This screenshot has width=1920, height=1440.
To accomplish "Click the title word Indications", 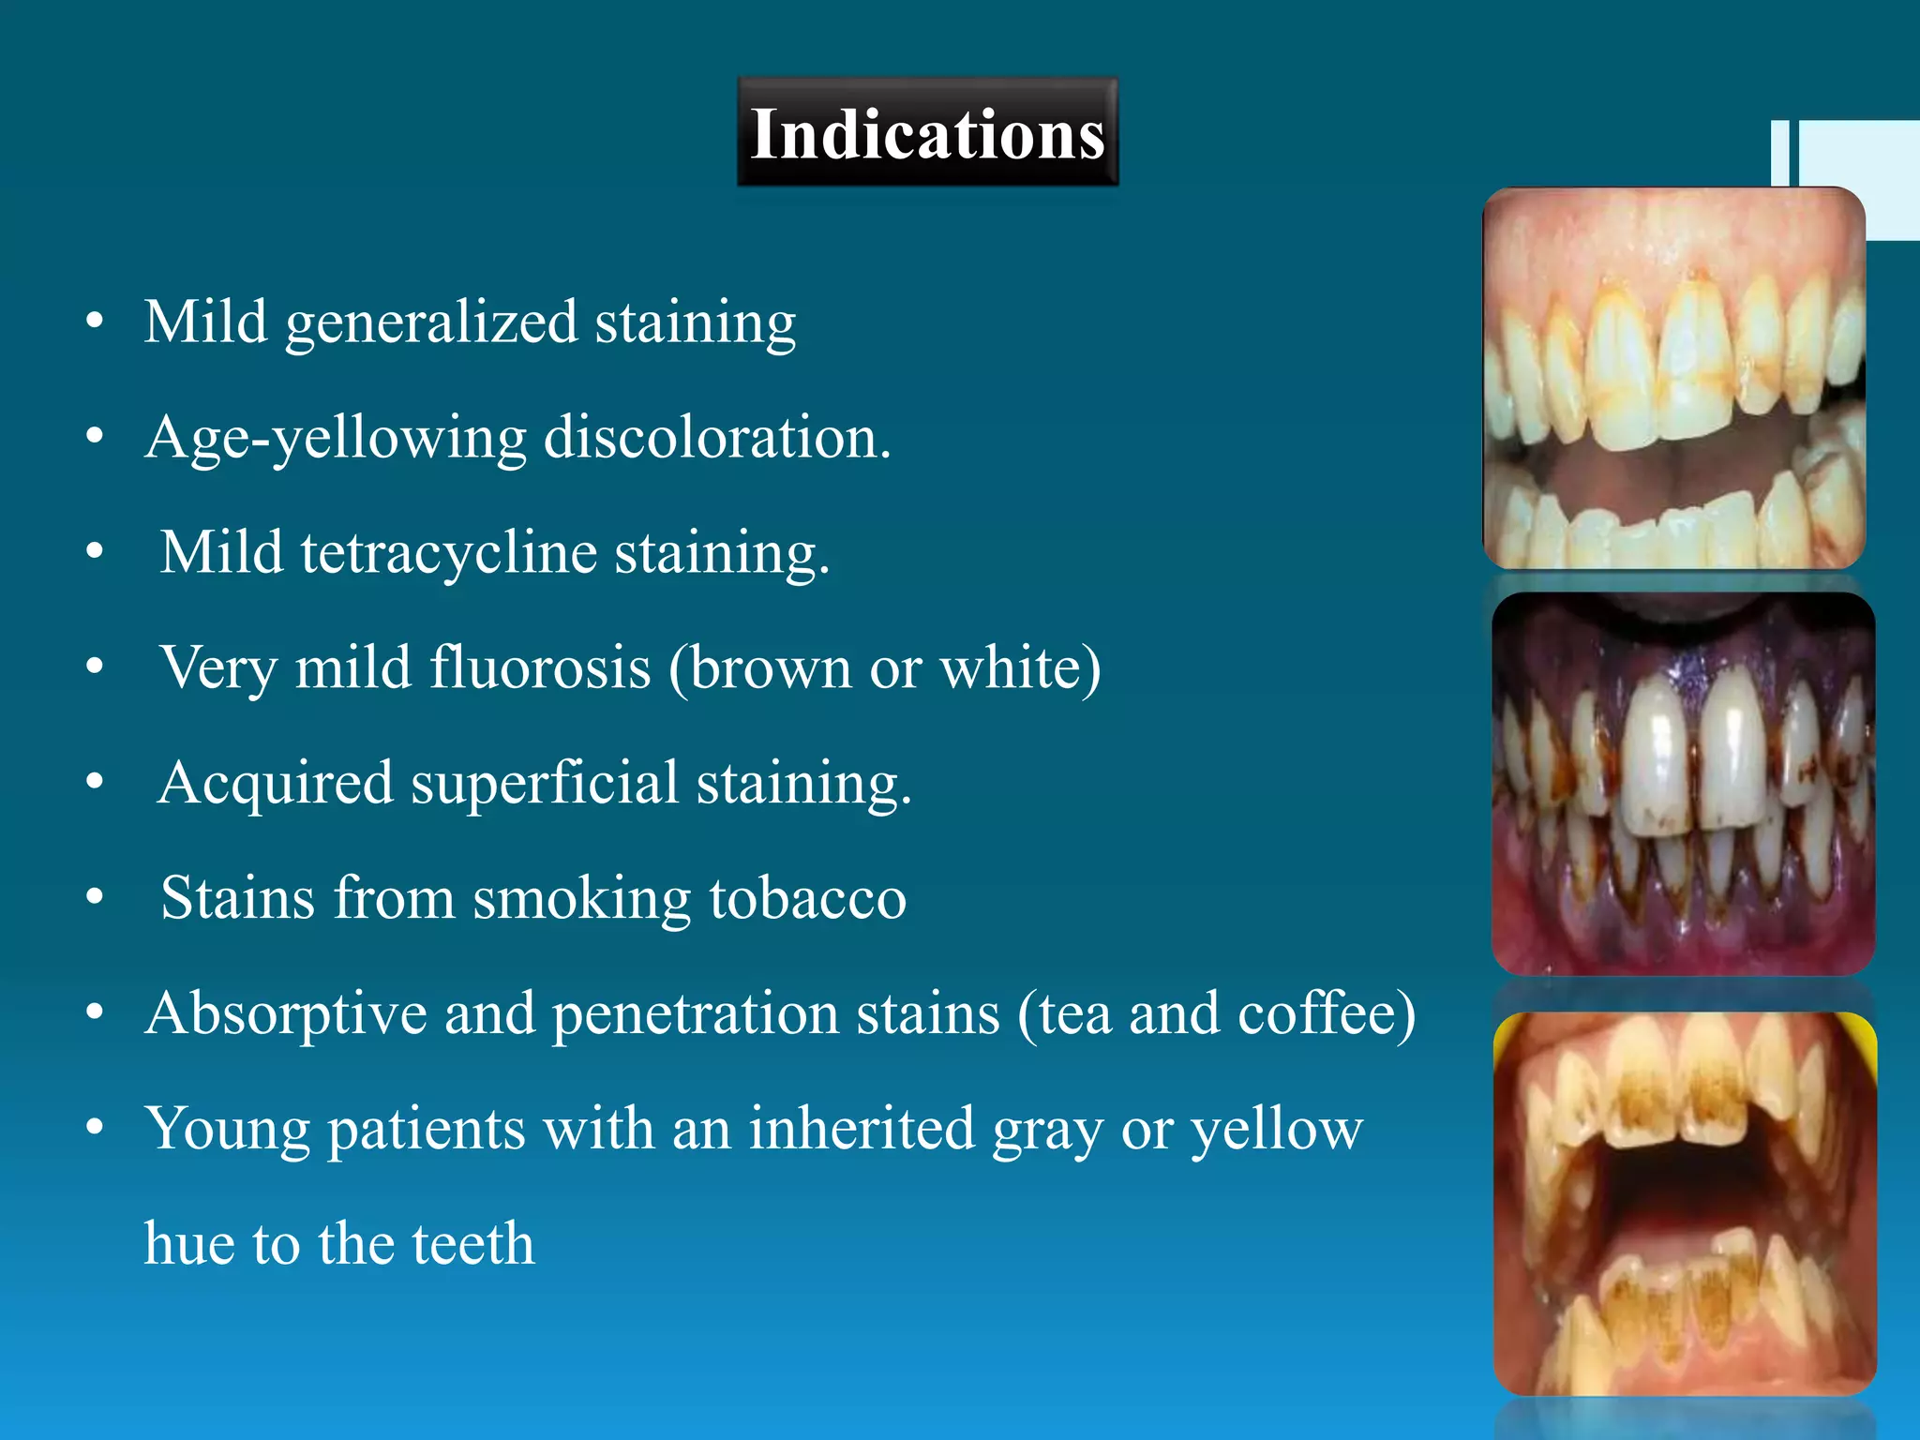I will (x=927, y=134).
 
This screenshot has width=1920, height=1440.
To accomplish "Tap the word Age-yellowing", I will (x=337, y=439).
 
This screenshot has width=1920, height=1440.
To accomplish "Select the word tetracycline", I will (x=449, y=553).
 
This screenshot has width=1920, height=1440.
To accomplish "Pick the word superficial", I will (x=545, y=784).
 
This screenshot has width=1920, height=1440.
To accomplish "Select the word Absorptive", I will (x=286, y=1014).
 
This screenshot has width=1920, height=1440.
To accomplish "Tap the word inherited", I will (x=862, y=1129).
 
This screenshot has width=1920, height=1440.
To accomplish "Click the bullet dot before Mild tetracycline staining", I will (x=95, y=552).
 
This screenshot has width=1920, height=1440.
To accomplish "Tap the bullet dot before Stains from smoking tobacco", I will (x=95, y=898).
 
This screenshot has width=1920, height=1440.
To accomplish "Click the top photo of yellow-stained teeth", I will (x=1673, y=378).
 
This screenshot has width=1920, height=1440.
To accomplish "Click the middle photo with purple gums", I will (x=1683, y=784).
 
